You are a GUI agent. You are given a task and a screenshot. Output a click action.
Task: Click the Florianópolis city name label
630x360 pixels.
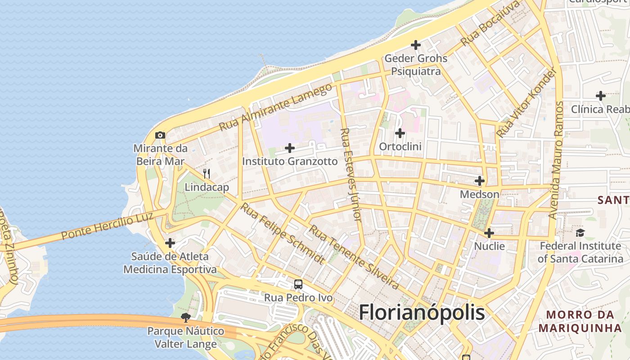pos(422,312)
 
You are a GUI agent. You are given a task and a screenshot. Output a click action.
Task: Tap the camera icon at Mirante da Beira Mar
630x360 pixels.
pos(160,135)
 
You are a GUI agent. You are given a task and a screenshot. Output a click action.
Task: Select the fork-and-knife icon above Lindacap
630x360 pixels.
pos(207,173)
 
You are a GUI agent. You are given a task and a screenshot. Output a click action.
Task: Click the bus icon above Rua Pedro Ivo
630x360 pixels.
pos(298,284)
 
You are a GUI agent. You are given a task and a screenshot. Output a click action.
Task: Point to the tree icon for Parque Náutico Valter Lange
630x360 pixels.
pos(185,318)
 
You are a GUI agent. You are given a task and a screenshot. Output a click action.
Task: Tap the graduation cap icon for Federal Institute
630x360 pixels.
pos(580,233)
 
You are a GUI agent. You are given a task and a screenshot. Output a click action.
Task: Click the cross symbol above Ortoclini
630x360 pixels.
pos(400,133)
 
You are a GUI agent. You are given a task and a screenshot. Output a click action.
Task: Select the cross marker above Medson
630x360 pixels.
pos(480,181)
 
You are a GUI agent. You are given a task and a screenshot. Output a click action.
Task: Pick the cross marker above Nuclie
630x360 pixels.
pos(489,233)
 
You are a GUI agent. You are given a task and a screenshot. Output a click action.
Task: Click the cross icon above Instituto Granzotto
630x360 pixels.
pos(290,148)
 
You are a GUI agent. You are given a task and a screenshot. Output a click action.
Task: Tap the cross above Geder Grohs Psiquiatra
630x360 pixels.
pos(416,45)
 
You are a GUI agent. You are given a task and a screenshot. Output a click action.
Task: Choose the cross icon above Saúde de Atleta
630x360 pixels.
pos(170,243)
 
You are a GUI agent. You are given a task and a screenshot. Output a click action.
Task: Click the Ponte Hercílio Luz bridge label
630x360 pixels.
pos(107,226)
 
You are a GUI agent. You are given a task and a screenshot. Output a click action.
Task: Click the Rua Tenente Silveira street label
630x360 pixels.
pos(354,257)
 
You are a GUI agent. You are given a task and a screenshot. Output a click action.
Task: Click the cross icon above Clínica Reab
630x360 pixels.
pos(600,95)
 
